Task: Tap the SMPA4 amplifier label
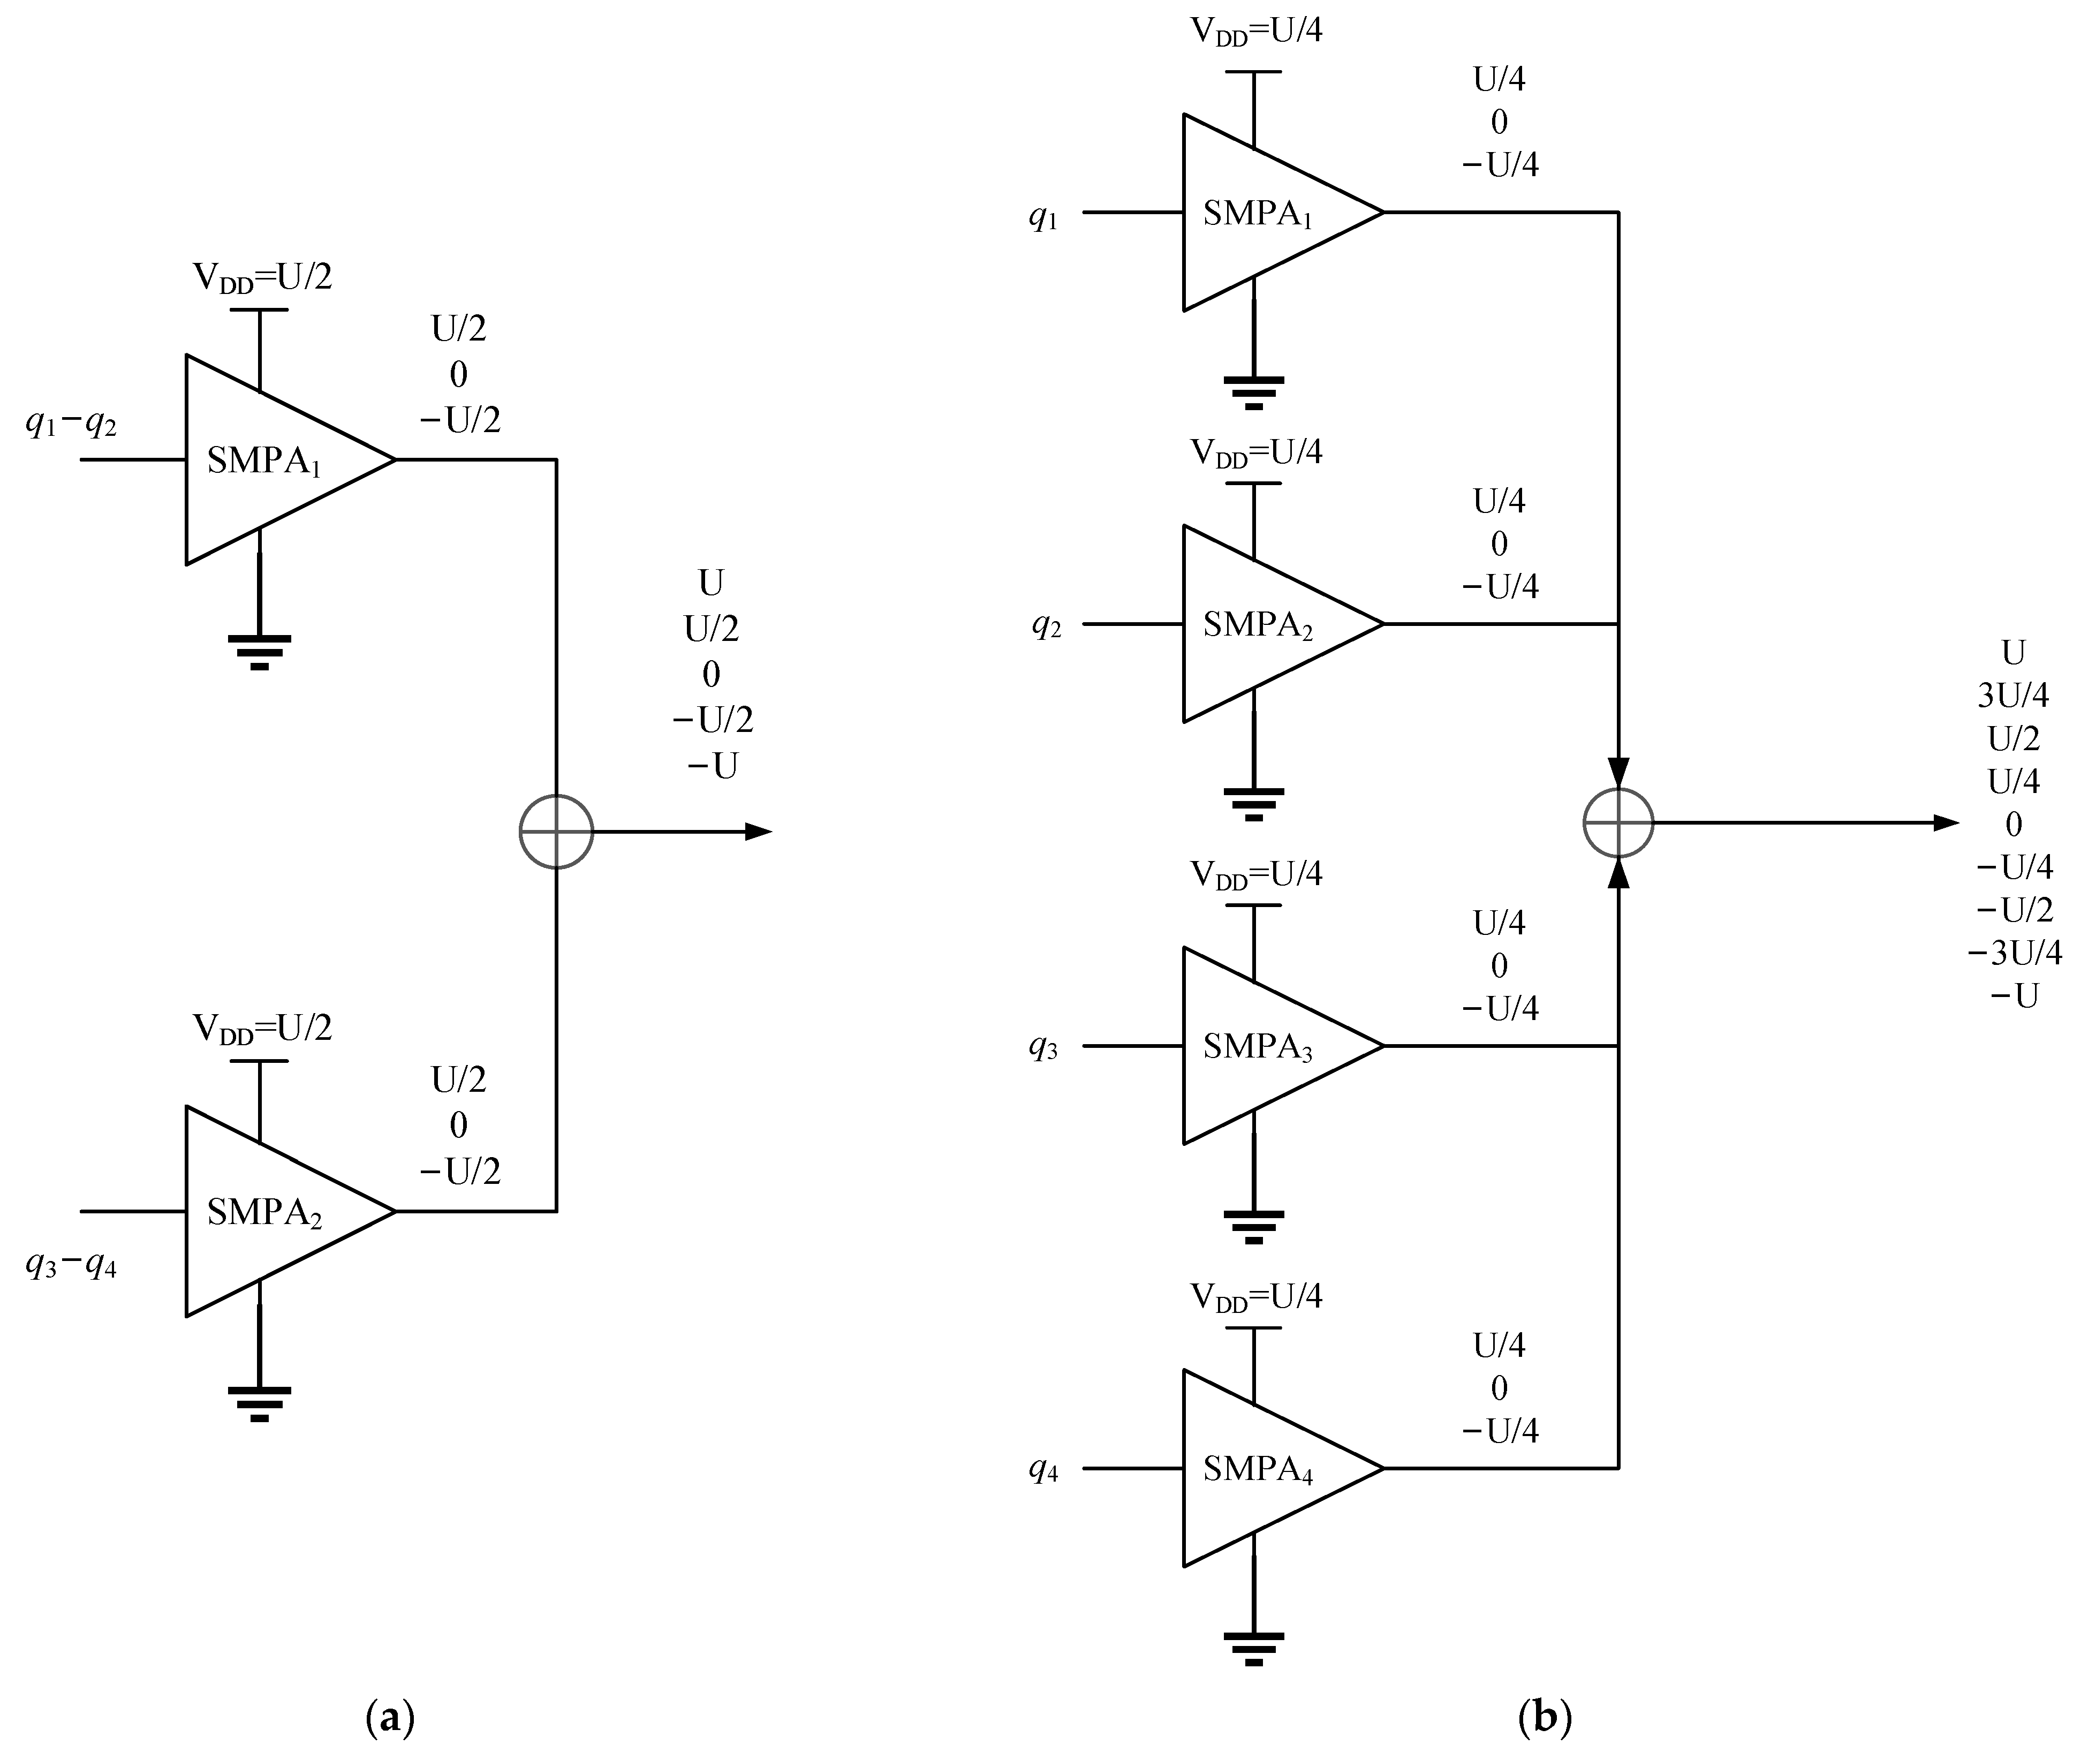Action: (1257, 1469)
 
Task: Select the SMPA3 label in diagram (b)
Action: (1257, 1047)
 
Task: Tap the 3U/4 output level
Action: (2013, 695)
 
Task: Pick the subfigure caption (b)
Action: (1545, 1715)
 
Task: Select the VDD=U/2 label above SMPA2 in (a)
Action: (262, 1027)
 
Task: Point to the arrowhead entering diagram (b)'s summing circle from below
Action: (1618, 872)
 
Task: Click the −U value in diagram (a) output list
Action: (712, 766)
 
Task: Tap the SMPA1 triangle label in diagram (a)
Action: (263, 461)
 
